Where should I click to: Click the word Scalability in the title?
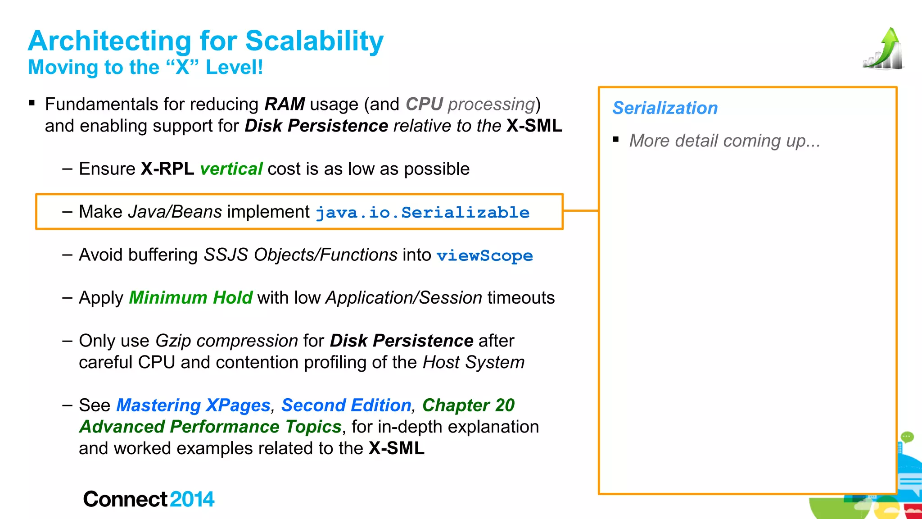pos(314,41)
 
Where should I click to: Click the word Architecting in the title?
pos(110,41)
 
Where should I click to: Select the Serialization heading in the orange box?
pos(665,108)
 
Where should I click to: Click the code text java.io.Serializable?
pos(422,212)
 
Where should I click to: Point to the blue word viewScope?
pos(484,255)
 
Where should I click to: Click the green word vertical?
pos(231,169)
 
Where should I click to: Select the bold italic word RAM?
pos(285,104)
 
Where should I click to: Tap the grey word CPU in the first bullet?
pos(424,104)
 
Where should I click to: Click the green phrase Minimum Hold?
pos(190,298)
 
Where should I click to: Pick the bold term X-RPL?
pos(167,169)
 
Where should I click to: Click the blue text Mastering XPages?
pos(193,405)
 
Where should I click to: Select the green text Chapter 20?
pos(468,405)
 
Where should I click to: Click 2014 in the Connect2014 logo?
pos(192,499)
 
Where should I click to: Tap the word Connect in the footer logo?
pos(125,499)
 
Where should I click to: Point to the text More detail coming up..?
pos(724,141)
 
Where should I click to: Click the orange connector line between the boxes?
pos(581,210)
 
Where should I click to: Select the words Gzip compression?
pos(226,341)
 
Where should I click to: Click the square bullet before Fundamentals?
pos(32,103)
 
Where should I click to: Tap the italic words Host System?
pos(474,362)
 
